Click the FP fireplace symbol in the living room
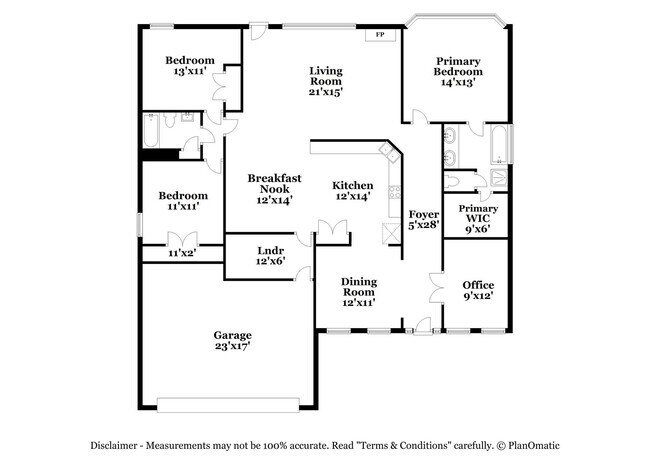pyautogui.click(x=379, y=35)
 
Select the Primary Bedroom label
pyautogui.click(x=458, y=71)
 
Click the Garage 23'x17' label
pyautogui.click(x=231, y=340)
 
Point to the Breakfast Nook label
pyautogui.click(x=269, y=188)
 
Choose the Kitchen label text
pyautogui.click(x=353, y=190)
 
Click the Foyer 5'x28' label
pyautogui.click(x=424, y=220)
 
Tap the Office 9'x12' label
pyautogui.click(x=478, y=291)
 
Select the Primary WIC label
pyautogui.click(x=478, y=219)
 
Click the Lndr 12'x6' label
pyautogui.click(x=270, y=255)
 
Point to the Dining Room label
pyautogui.click(x=358, y=291)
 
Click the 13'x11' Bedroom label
pyautogui.click(x=189, y=66)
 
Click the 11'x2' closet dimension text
pyautogui.click(x=181, y=254)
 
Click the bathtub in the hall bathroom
pyautogui.click(x=152, y=130)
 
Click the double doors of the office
pyautogui.click(x=436, y=290)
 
